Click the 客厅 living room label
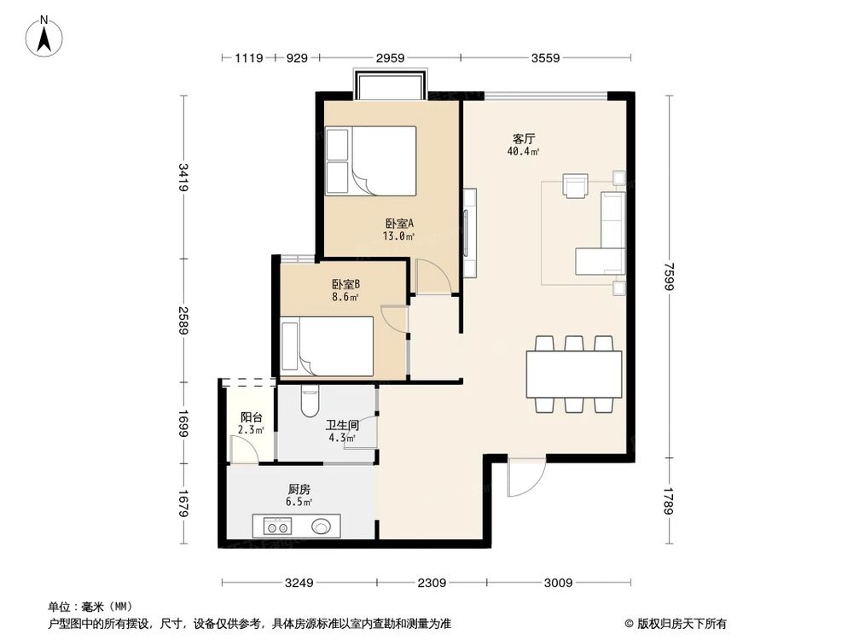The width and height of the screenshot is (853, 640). tap(524, 138)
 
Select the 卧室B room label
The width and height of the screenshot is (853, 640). tap(345, 284)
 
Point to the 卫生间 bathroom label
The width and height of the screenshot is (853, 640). tap(339, 424)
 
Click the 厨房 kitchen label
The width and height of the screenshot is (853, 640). tap(299, 489)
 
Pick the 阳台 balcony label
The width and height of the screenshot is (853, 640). tap(251, 417)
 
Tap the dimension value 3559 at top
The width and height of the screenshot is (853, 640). tap(545, 58)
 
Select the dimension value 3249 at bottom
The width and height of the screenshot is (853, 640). tap(299, 584)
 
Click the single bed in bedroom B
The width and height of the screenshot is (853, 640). tap(328, 346)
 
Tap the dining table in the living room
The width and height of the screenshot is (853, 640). tap(573, 374)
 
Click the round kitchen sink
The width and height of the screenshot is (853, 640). tap(322, 527)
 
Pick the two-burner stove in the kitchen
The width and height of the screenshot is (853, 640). tap(277, 527)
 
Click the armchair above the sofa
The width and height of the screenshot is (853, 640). tap(576, 185)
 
